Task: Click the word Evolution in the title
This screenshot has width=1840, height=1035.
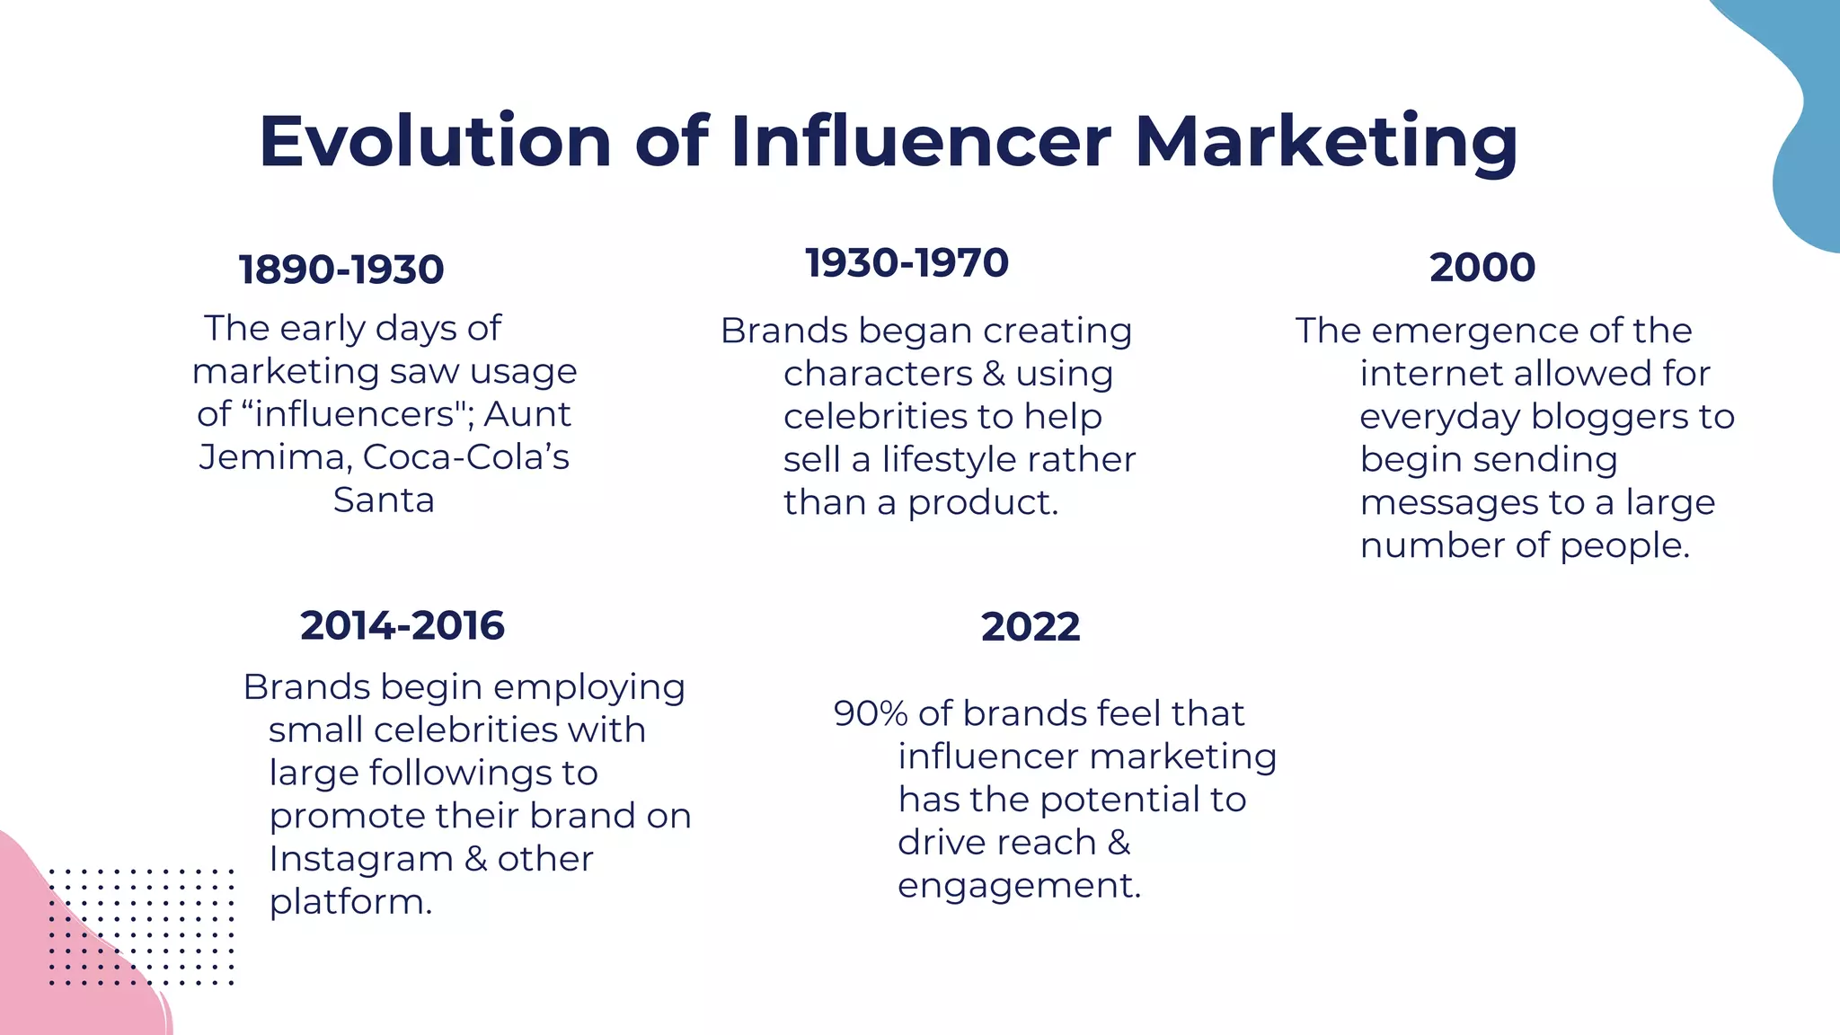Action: pyautogui.click(x=436, y=141)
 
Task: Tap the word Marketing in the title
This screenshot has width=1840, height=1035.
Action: pyautogui.click(x=1326, y=141)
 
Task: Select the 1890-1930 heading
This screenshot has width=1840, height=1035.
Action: pyautogui.click(x=341, y=270)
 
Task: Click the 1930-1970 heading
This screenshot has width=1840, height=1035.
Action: pyautogui.click(x=907, y=263)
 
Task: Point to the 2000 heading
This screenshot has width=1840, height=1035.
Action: pyautogui.click(x=1482, y=268)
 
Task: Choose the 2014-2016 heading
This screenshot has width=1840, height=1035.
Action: pyautogui.click(x=402, y=625)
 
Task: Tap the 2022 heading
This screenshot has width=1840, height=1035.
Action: pyautogui.click(x=1031, y=626)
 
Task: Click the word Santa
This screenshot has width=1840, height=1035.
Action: pyautogui.click(x=384, y=500)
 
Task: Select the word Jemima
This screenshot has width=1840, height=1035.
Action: pyautogui.click(x=275, y=457)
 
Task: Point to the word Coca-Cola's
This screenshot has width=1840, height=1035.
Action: pyautogui.click(x=466, y=456)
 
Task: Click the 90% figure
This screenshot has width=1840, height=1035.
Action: pyautogui.click(x=871, y=713)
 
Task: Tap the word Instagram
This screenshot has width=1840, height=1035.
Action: pyautogui.click(x=359, y=860)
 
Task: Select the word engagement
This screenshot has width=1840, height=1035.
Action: pyautogui.click(x=1019, y=886)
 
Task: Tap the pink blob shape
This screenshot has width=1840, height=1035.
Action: pyautogui.click(x=63, y=970)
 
